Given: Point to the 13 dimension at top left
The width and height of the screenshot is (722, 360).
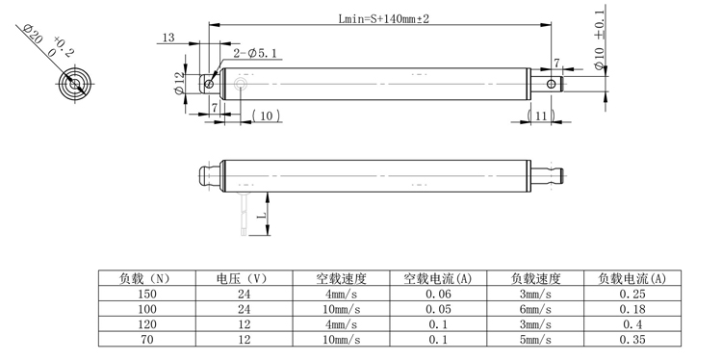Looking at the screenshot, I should click(168, 38).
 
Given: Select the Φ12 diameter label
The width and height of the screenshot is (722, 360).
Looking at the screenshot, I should click(179, 84).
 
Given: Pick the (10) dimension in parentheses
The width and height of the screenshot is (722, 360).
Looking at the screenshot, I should click(265, 116).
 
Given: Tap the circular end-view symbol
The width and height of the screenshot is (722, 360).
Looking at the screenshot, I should click(74, 84).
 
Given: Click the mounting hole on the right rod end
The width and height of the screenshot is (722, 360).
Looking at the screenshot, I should click(550, 84).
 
